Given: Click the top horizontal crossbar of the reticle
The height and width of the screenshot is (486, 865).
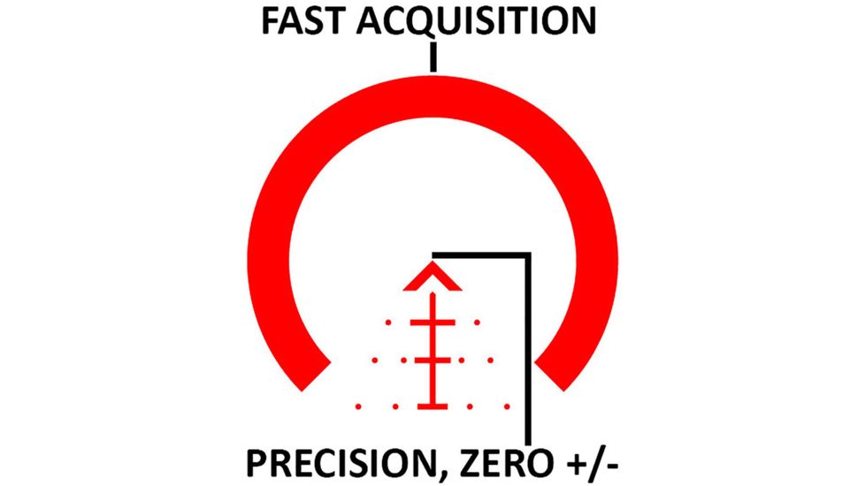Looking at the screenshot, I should coord(432,323).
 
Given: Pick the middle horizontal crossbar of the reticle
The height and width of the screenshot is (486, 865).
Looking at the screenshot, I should coord(432,361).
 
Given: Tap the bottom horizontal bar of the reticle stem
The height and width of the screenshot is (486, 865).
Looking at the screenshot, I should coord(432,406).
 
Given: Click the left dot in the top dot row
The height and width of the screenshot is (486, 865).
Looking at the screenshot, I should coord(387,323).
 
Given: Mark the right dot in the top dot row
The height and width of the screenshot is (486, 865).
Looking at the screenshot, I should coord(478,323).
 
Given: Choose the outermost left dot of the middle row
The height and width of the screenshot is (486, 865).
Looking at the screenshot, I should coord(375,361).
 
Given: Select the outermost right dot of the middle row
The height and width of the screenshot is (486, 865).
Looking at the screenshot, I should coord(490,361).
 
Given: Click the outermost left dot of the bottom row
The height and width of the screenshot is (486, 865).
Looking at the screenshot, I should coord(357,406).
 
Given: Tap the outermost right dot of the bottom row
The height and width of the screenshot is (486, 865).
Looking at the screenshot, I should coord(508,406).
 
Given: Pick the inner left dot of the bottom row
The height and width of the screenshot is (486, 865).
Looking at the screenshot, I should coord(395,406).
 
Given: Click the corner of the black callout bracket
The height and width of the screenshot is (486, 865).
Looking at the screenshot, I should coord(528,255).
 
